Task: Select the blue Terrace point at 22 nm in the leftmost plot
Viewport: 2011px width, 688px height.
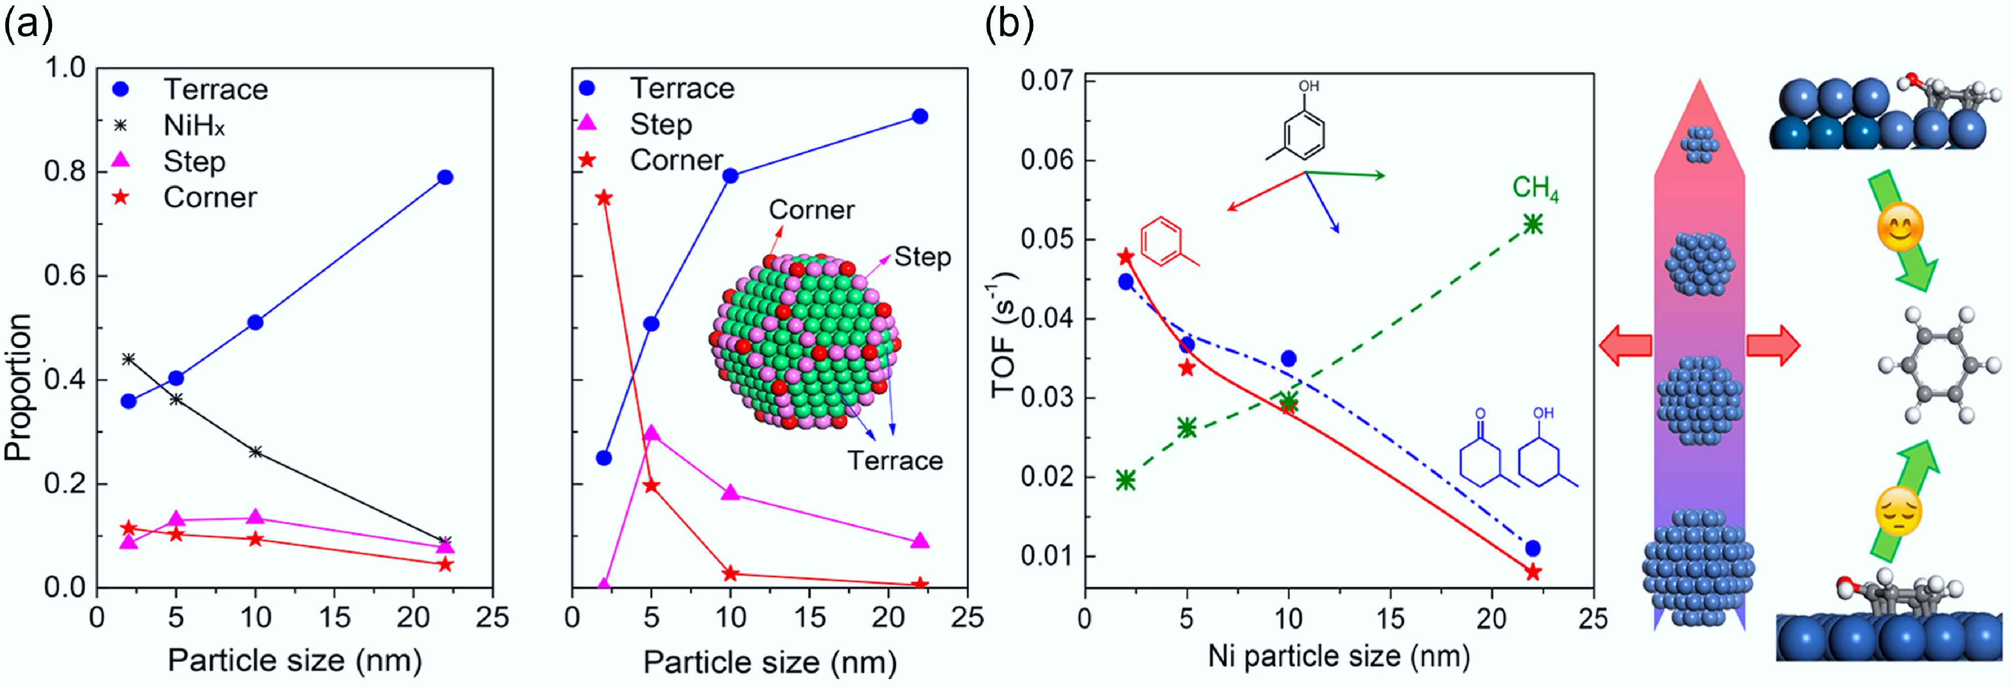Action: pyautogui.click(x=445, y=177)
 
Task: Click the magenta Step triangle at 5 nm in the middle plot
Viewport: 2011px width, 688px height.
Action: pyautogui.click(x=651, y=434)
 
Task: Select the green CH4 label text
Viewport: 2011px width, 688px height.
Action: pyautogui.click(x=1535, y=189)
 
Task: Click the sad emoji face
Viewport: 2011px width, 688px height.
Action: pyautogui.click(x=1898, y=512)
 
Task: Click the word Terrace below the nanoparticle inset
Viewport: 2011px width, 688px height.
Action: pyautogui.click(x=895, y=461)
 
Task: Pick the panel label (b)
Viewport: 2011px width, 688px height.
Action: pyautogui.click(x=1009, y=25)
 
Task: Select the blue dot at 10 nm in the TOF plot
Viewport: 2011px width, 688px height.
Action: pyautogui.click(x=1288, y=358)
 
